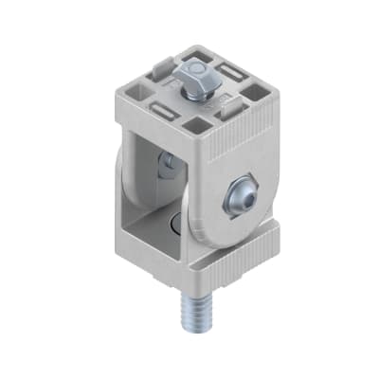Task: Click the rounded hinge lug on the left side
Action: coord(122,180)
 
